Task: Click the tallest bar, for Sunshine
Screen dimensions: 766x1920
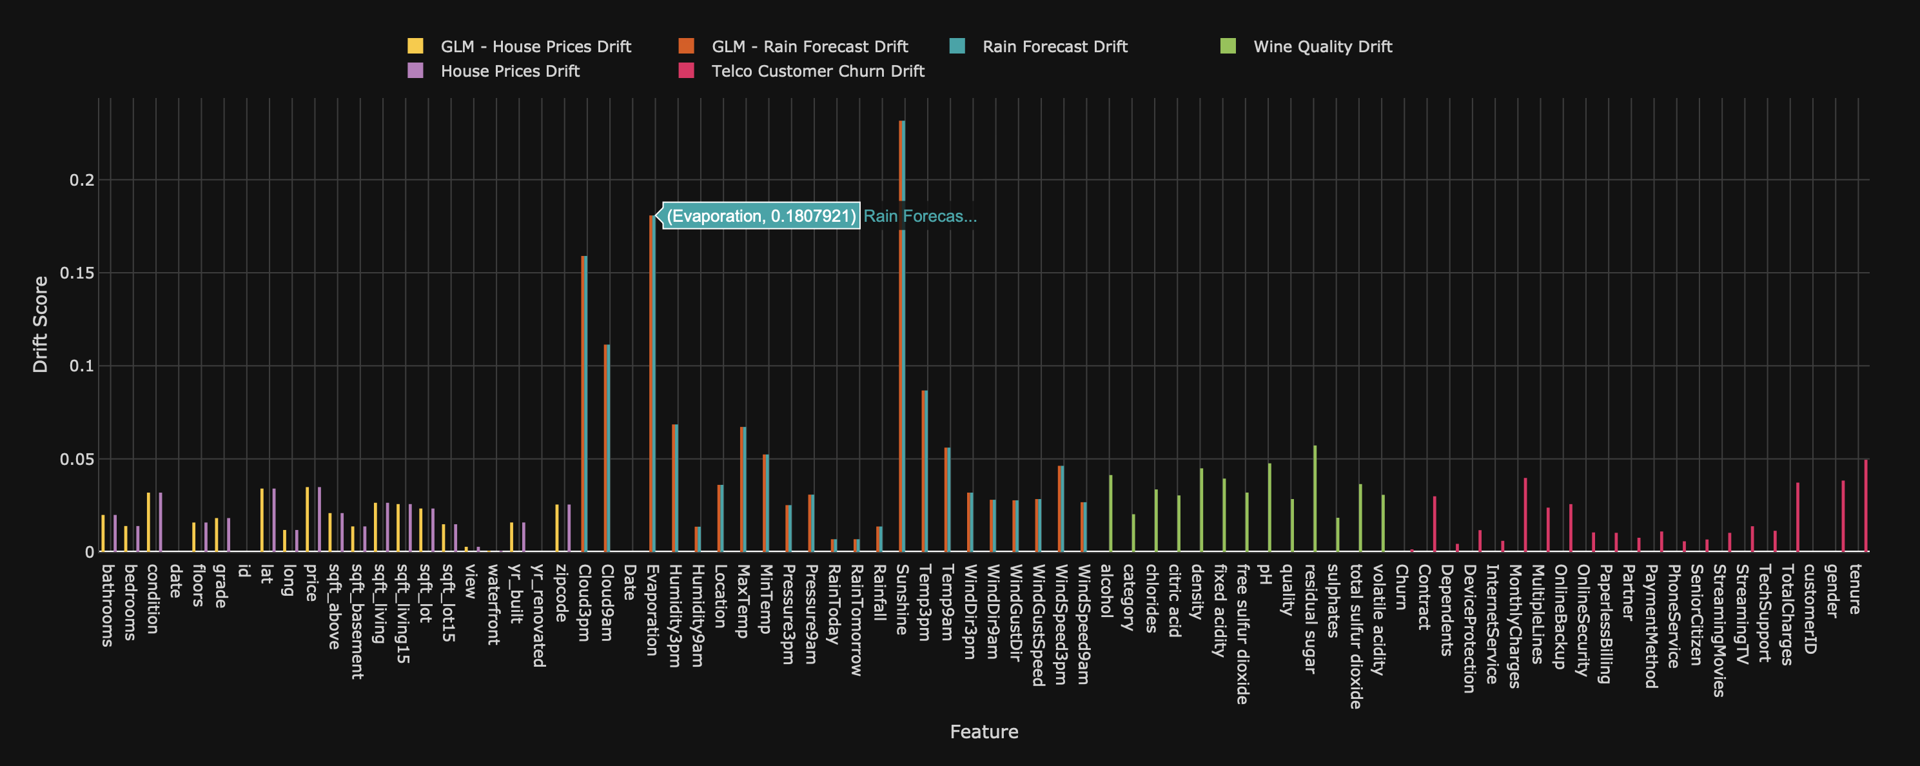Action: coord(902,335)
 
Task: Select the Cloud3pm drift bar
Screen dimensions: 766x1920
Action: coord(584,402)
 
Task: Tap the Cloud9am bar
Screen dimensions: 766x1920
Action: coord(607,447)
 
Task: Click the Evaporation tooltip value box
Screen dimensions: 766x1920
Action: coord(761,216)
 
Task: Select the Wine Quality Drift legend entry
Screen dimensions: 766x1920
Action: coord(1322,46)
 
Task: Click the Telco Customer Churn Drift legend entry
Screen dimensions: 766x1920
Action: coord(818,71)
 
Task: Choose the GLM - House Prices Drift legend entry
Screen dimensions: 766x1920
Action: coord(535,46)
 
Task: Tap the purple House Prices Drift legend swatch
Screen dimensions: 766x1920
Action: coord(416,71)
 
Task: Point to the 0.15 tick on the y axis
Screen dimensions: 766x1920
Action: coord(77,273)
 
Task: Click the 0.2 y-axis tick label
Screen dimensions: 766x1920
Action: coord(81,180)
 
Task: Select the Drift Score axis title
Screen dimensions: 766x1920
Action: coord(40,324)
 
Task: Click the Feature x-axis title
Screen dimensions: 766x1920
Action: coord(984,732)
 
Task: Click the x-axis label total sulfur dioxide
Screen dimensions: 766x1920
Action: coord(1356,636)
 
